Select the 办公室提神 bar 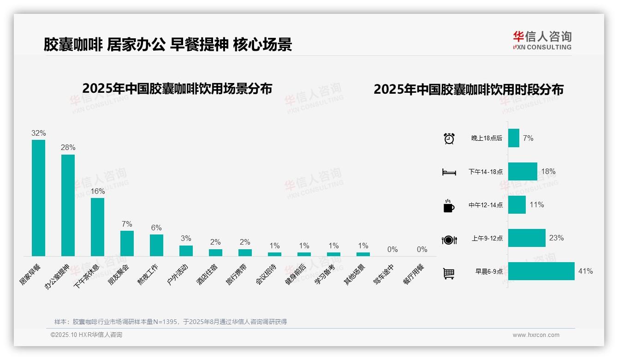point(68,205)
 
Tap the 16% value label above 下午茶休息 point(97,191)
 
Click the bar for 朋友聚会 point(127,243)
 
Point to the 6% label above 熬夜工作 point(156,228)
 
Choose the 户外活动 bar point(186,251)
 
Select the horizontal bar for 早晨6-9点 point(541,271)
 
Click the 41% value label point(585,271)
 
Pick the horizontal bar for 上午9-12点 point(527,238)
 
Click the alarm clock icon point(449,138)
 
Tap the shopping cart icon point(449,274)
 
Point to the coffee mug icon point(449,206)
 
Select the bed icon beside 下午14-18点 point(449,172)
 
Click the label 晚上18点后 point(487,138)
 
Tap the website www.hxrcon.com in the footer point(536,335)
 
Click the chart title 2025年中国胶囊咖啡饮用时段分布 point(469,90)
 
